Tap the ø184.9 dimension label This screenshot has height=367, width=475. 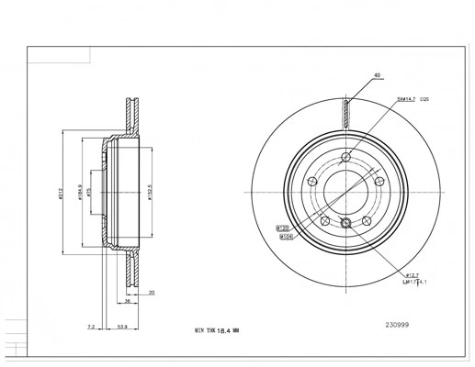(81, 193)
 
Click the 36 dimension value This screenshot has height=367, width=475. (128, 300)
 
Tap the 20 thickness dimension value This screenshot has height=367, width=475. (151, 294)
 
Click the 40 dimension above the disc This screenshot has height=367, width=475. (377, 75)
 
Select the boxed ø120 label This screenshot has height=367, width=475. (283, 227)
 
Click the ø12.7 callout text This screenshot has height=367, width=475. (413, 274)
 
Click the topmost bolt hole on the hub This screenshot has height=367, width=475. (345, 156)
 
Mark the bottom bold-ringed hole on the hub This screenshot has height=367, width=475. (345, 224)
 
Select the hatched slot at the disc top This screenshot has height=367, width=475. (345, 114)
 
